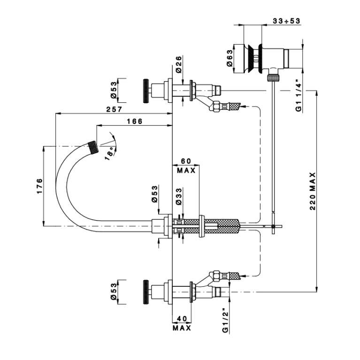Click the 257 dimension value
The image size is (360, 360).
(114, 109)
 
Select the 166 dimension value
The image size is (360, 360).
(135, 121)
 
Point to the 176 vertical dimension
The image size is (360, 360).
(40, 186)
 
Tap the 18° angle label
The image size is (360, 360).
(109, 153)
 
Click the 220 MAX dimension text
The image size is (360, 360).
(313, 191)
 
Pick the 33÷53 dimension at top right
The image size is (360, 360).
(286, 21)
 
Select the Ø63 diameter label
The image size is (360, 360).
(230, 58)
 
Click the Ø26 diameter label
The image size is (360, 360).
(179, 64)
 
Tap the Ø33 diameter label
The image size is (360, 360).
(179, 196)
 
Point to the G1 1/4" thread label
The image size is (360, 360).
(298, 95)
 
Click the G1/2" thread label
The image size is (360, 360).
(225, 320)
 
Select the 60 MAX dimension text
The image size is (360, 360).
(186, 166)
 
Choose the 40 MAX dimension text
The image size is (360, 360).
(182, 323)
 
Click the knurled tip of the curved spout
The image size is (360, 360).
(93, 147)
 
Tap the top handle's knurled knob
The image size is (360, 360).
(146, 91)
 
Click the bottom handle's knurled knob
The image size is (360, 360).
(146, 292)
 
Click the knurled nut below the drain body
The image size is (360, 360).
(274, 77)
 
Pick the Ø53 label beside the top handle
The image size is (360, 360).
(114, 91)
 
